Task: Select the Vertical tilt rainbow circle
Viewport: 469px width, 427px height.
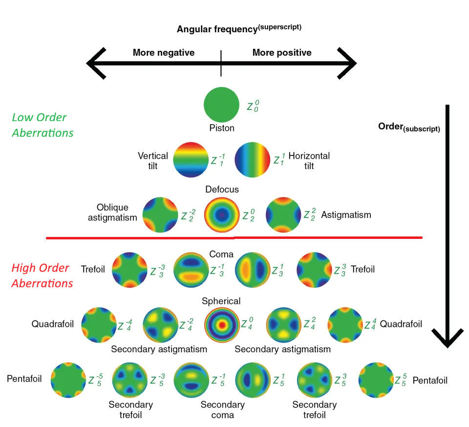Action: click(191, 159)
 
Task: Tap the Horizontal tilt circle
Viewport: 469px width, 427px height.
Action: click(253, 159)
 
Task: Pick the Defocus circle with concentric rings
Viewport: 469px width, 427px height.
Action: click(221, 214)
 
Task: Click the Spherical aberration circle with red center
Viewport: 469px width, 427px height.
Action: click(222, 324)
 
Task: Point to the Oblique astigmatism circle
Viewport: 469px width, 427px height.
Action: click(160, 214)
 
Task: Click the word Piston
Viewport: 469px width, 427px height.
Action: click(222, 128)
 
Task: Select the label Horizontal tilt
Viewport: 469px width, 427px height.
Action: click(309, 161)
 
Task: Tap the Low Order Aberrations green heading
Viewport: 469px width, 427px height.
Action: click(43, 125)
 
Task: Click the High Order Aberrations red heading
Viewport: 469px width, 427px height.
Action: click(43, 276)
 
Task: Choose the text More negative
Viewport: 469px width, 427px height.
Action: click(163, 53)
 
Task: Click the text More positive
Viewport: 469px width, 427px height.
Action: click(282, 53)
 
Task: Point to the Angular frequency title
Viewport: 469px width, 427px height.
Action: click(239, 28)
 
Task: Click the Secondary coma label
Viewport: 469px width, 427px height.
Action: click(222, 409)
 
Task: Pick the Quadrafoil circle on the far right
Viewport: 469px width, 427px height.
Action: click(345, 324)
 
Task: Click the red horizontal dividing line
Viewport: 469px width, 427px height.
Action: click(234, 238)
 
